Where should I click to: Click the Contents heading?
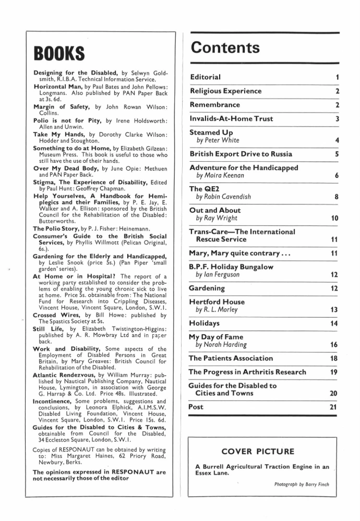point(225,48)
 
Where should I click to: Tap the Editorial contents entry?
point(206,77)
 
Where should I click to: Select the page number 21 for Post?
point(335,407)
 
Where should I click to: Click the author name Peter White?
point(218,140)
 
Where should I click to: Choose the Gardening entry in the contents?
point(208,288)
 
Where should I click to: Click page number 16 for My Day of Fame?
point(335,345)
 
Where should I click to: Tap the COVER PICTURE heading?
point(257,451)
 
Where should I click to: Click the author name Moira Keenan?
point(222,176)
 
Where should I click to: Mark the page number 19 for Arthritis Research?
point(335,372)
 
